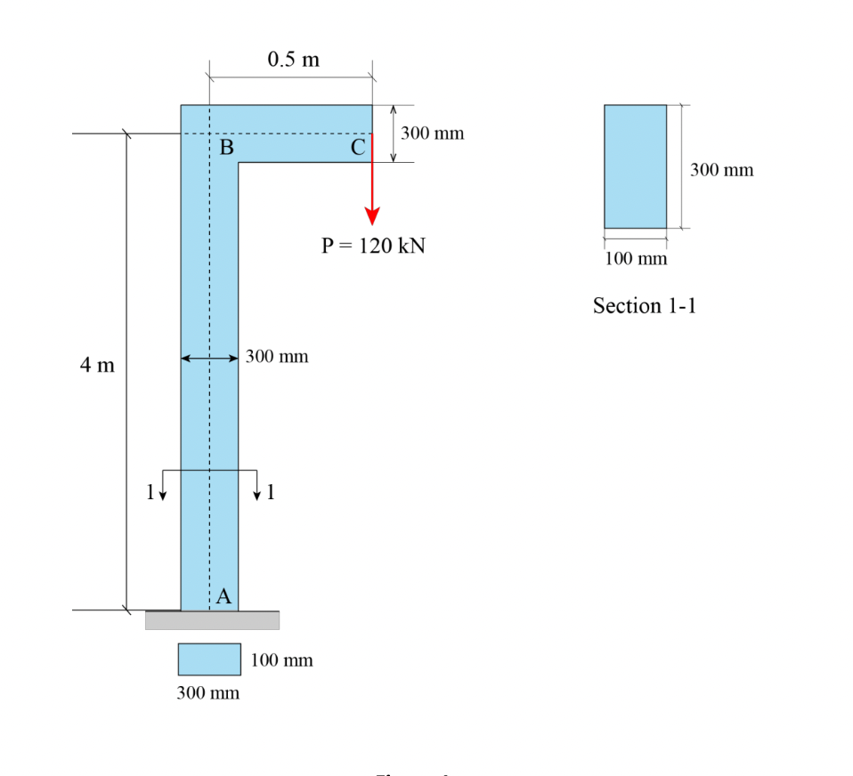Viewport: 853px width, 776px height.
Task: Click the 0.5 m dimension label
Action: coord(293,60)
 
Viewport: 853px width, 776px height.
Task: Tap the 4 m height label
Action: coord(97,365)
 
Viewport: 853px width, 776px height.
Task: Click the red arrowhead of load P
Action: coord(372,216)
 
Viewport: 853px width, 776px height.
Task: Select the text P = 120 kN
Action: coord(373,247)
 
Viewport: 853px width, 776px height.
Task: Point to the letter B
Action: coord(226,149)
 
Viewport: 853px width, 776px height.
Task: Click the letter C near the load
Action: coord(357,149)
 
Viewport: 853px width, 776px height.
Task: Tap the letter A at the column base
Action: coord(223,597)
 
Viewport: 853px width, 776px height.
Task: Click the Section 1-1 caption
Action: coord(645,306)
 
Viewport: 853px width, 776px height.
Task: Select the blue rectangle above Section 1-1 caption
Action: coord(635,166)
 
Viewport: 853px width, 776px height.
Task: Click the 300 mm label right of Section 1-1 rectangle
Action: coord(721,170)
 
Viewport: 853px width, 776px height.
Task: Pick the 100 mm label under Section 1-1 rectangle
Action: coord(636,259)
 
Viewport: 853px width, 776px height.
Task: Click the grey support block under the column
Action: coord(212,619)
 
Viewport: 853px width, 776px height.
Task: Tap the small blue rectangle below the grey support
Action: coord(209,659)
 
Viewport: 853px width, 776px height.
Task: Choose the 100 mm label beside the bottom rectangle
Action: coord(281,660)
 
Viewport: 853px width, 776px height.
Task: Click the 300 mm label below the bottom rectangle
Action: coord(207,693)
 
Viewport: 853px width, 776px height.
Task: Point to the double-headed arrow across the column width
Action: coord(209,359)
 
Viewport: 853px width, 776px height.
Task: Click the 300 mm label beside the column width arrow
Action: coord(277,357)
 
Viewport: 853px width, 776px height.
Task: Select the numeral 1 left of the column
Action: coord(150,489)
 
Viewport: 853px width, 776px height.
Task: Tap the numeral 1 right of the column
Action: coord(271,489)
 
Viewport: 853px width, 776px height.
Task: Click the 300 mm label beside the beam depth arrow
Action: coord(432,133)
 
